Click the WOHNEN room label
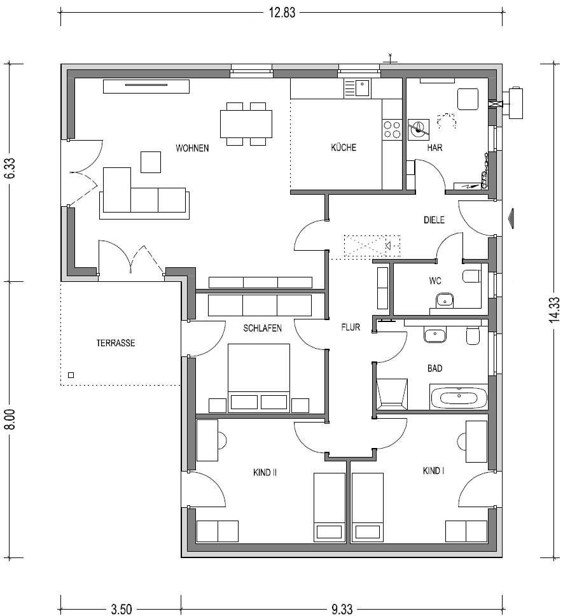pos(192,148)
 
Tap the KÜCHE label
pos(344,148)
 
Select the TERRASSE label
pos(115,343)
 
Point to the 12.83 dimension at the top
pos(282,13)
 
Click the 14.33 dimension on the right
pos(554,310)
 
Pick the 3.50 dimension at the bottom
pos(122,610)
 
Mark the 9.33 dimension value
pos(342,610)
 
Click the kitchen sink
pos(357,88)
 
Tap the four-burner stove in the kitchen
pos(392,130)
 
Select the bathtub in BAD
pos(459,397)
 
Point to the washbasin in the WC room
pos(445,300)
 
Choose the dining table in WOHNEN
pos(246,123)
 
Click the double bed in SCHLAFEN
pos(259,378)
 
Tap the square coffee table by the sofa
pos(151,162)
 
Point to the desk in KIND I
pos(476,441)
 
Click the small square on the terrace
pos(71,375)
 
